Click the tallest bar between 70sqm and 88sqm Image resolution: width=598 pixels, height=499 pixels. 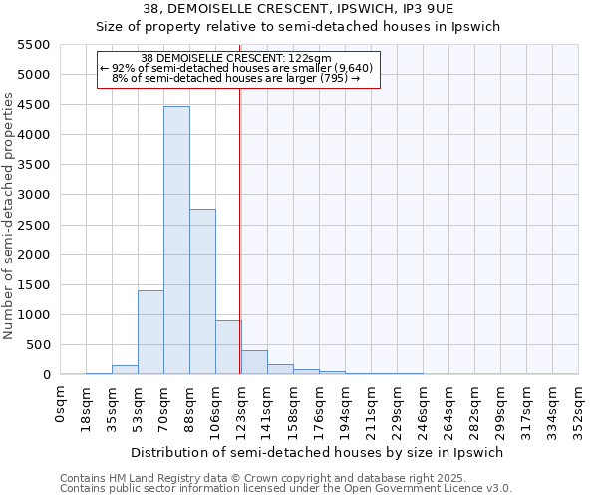pos(176,240)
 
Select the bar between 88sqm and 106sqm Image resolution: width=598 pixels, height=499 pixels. pos(202,291)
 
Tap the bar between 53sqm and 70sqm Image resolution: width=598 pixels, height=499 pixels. pos(150,332)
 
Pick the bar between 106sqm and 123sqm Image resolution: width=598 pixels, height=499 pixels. pos(228,347)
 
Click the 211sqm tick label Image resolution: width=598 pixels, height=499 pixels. pos(371,408)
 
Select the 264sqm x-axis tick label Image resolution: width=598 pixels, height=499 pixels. pos(448,408)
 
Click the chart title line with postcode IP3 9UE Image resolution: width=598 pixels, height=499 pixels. pos(298,9)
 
